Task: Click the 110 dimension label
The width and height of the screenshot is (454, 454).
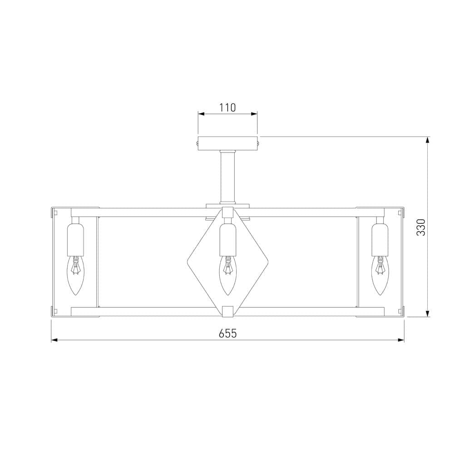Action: coord(227,108)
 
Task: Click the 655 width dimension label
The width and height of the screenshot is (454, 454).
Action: coord(227,334)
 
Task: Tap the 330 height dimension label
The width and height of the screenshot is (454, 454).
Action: coord(421,227)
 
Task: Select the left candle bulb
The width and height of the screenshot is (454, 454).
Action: coord(75,275)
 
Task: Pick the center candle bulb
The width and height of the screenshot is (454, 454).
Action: coord(228,275)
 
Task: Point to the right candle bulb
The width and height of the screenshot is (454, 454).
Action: coord(380,275)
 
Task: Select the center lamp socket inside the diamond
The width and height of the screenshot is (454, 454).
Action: coord(228,239)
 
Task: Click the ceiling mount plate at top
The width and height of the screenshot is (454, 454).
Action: coord(227,143)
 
